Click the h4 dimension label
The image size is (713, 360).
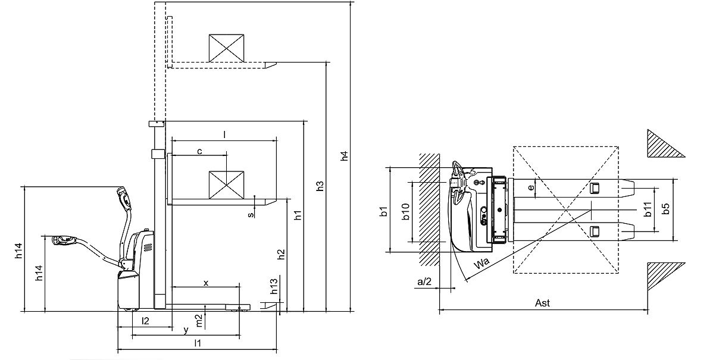344,156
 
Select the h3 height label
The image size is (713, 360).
320,185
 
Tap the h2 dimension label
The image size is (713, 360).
282,254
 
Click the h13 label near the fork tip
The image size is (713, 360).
274,287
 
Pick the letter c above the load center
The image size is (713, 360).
199,151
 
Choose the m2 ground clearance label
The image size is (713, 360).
200,320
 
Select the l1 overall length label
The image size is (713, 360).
198,343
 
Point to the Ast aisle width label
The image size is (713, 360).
542,303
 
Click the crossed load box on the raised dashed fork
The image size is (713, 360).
227,48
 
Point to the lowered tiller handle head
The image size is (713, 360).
62,240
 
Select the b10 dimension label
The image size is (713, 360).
405,212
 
